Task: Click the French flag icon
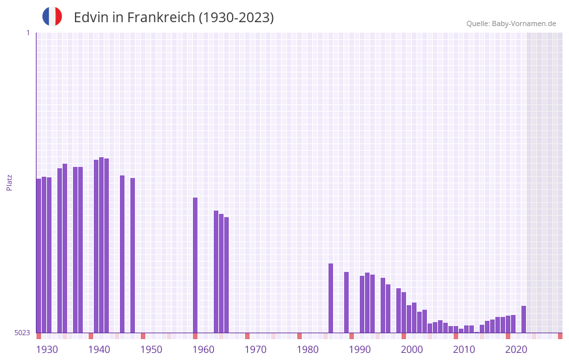52,17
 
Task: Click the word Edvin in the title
91,18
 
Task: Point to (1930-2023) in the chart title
236,18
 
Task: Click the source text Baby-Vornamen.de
523,23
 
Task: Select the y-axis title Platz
9,182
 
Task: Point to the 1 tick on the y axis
27,33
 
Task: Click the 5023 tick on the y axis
22,333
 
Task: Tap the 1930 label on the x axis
47,350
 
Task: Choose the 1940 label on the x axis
99,350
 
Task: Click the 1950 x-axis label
151,350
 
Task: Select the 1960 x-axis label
203,350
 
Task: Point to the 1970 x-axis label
255,350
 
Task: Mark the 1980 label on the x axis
308,350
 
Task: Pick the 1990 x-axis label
360,350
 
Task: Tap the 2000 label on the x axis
412,350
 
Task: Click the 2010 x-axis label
464,350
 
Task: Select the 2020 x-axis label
516,350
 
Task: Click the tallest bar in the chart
102,245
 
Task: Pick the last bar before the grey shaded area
523,320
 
